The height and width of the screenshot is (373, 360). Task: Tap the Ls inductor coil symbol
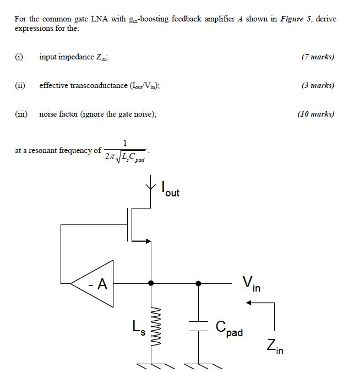(151, 327)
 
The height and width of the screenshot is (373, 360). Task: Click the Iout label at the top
(171, 190)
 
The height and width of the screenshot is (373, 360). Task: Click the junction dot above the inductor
(151, 284)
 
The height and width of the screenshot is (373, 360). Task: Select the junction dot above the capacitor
(199, 284)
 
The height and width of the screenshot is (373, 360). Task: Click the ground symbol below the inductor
(151, 365)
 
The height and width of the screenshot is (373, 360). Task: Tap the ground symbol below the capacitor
(199, 365)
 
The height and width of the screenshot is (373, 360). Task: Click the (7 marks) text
(318, 57)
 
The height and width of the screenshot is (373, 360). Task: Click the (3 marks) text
(318, 85)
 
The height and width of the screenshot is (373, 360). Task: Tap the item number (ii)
(20, 85)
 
